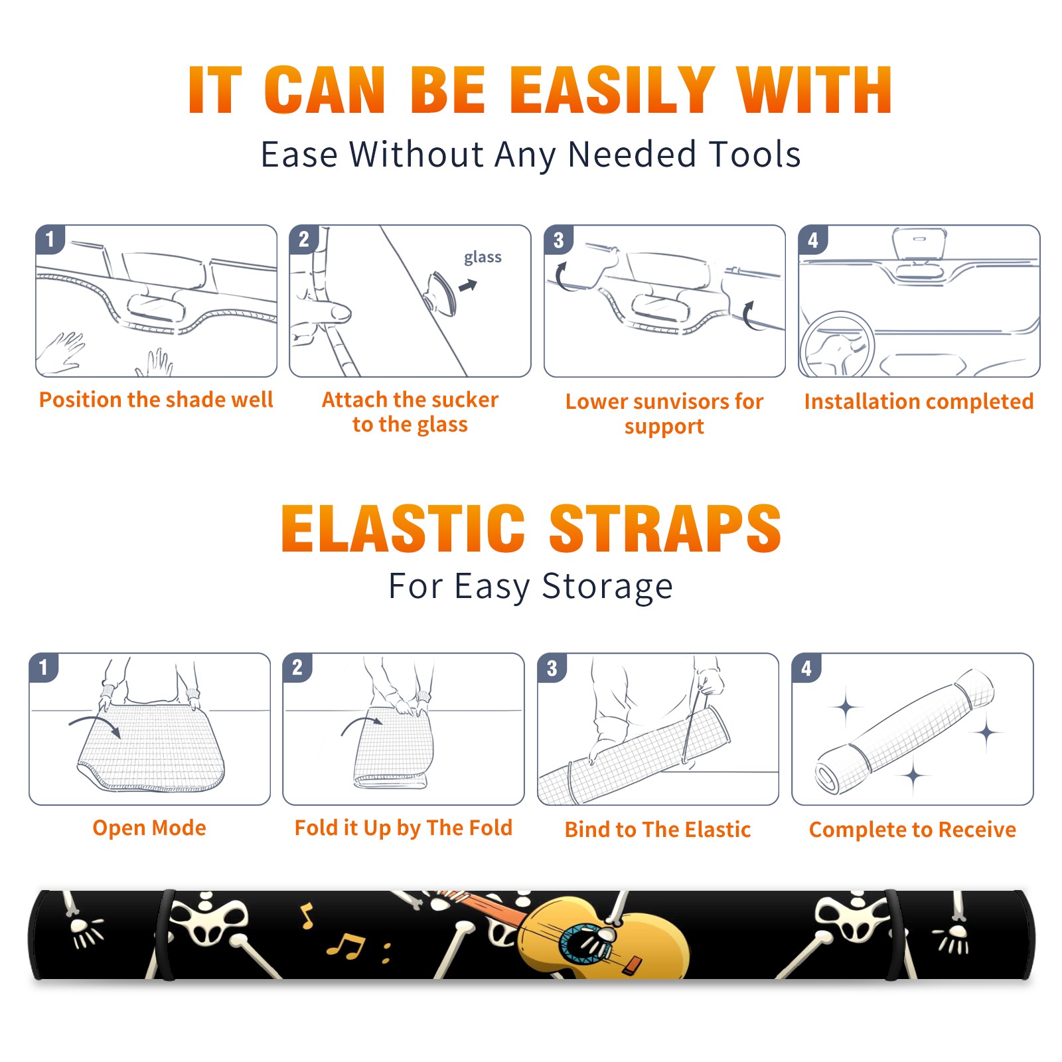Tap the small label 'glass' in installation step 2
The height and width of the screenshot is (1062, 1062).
tap(483, 257)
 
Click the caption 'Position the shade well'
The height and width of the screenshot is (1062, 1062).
tap(156, 400)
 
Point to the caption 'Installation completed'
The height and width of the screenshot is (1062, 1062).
tap(919, 402)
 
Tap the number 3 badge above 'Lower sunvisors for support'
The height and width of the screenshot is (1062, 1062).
tap(558, 240)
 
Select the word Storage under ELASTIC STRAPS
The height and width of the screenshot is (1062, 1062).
tap(607, 587)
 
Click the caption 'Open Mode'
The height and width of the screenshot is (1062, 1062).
tap(149, 828)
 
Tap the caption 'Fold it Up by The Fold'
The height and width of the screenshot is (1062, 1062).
tap(404, 828)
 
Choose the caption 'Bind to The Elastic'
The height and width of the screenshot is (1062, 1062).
tap(658, 830)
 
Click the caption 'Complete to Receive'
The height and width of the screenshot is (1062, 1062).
tap(913, 830)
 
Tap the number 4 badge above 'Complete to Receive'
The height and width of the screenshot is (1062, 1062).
tap(806, 668)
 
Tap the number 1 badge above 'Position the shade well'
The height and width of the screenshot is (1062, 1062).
tap(50, 239)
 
